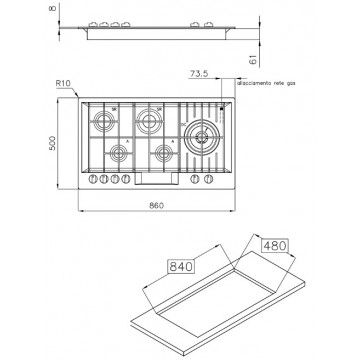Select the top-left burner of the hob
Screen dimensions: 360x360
click(x=104, y=127)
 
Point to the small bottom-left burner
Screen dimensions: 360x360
click(x=119, y=154)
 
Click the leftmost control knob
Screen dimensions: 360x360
click(x=96, y=181)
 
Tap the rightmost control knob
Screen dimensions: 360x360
click(x=208, y=181)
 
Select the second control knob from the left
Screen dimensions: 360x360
click(x=106, y=181)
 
